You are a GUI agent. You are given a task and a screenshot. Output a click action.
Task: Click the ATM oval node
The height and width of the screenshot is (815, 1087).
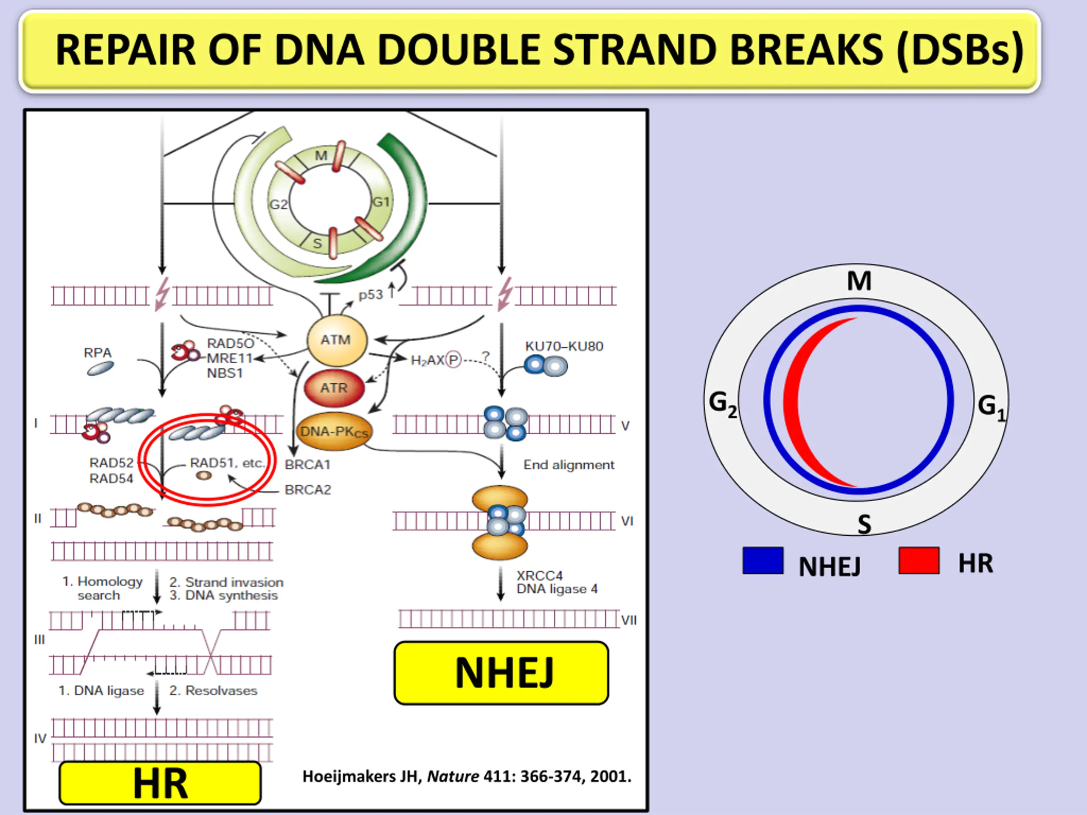337,340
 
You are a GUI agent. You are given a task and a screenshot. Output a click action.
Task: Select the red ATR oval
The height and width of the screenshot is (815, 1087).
334,388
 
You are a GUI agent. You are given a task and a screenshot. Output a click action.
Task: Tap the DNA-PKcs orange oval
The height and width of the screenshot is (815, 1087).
334,431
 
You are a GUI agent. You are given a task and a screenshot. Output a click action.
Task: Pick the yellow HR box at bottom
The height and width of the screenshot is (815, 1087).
160,783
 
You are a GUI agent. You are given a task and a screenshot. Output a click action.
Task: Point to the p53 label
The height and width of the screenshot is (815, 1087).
371,295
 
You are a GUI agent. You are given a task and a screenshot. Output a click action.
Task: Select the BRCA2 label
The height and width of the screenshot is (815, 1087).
308,490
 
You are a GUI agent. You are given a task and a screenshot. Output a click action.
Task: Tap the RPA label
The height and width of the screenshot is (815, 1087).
98,353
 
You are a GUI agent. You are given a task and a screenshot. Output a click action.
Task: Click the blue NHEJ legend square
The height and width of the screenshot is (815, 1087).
763,561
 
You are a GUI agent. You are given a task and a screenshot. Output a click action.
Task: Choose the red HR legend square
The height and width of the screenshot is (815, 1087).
918,561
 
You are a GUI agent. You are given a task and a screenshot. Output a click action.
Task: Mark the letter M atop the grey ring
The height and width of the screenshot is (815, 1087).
859,281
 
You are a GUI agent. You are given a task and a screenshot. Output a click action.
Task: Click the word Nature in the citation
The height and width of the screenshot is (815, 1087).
453,777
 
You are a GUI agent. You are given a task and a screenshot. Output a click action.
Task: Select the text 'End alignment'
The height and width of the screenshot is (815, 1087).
569,465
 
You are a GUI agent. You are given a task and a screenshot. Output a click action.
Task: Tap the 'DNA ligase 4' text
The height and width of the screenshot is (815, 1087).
557,589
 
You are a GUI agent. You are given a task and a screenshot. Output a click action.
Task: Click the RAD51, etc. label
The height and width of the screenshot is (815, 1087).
227,463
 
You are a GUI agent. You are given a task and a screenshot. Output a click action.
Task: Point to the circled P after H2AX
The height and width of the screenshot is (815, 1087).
453,360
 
